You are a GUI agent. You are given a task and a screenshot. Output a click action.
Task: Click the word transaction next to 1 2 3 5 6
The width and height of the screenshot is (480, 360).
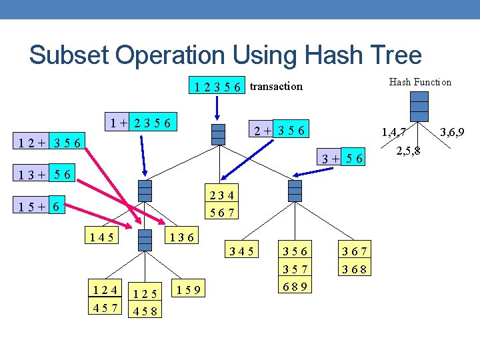[x=276, y=86]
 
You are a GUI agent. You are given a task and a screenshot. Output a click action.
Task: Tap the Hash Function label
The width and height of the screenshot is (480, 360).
[x=420, y=82]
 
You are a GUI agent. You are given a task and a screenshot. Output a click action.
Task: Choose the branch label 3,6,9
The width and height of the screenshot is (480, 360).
[x=451, y=133]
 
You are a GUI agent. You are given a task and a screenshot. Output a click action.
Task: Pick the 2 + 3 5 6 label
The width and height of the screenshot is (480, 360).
[x=277, y=130]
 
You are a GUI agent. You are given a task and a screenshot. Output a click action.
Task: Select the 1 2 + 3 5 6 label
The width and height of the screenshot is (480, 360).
[x=50, y=142]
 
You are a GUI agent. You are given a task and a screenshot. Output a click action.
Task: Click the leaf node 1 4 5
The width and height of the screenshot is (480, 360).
[x=100, y=236]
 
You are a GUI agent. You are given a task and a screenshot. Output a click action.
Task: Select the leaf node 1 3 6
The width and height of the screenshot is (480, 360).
[x=181, y=237]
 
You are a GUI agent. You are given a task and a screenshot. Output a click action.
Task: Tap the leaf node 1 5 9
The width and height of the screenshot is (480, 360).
[x=189, y=289]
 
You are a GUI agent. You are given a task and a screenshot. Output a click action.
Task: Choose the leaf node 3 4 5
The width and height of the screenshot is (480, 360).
[x=241, y=251]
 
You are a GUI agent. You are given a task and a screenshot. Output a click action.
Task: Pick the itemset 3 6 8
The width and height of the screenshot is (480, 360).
[x=354, y=269]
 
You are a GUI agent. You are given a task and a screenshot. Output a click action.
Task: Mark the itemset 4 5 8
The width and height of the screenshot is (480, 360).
[x=145, y=311]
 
